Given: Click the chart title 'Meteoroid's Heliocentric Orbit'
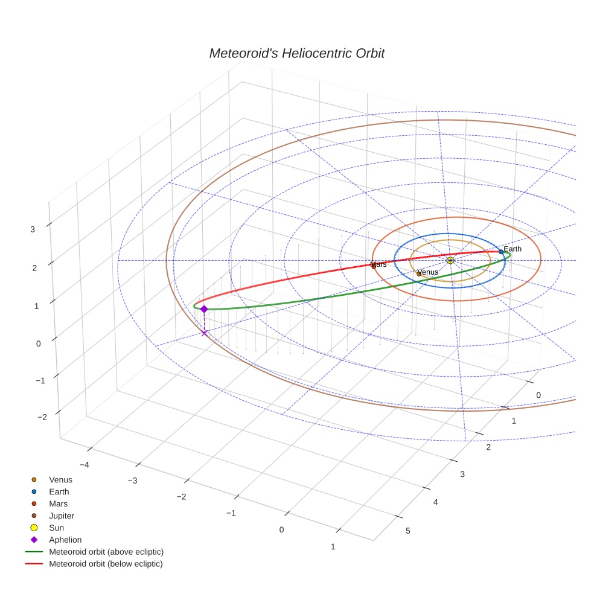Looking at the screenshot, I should click(x=296, y=54).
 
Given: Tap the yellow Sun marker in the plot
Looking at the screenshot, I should click(x=450, y=260).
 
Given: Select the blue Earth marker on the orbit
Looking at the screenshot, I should click(x=501, y=252).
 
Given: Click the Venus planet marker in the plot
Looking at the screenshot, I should click(x=419, y=273).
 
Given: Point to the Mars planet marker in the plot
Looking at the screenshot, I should click(x=373, y=265).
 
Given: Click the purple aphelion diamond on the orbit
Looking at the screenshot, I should click(x=204, y=309).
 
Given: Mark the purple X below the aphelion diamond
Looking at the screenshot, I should click(x=204, y=333).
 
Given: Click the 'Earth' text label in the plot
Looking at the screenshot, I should click(x=513, y=249).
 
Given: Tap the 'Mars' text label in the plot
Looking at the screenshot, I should click(x=379, y=264).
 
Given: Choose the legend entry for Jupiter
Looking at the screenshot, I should click(x=62, y=516).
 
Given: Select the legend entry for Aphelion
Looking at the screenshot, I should click(x=65, y=540).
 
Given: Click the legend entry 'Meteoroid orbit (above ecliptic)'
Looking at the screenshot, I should click(x=106, y=552).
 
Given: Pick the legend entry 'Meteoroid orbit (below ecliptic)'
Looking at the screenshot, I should click(x=106, y=564).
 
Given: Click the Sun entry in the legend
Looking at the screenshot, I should click(x=57, y=528).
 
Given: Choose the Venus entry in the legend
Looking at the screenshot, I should click(x=60, y=480).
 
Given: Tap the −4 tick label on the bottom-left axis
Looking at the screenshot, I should click(x=85, y=465).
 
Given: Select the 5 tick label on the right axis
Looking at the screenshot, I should click(x=408, y=531).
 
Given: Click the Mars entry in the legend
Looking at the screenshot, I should click(x=59, y=504).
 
